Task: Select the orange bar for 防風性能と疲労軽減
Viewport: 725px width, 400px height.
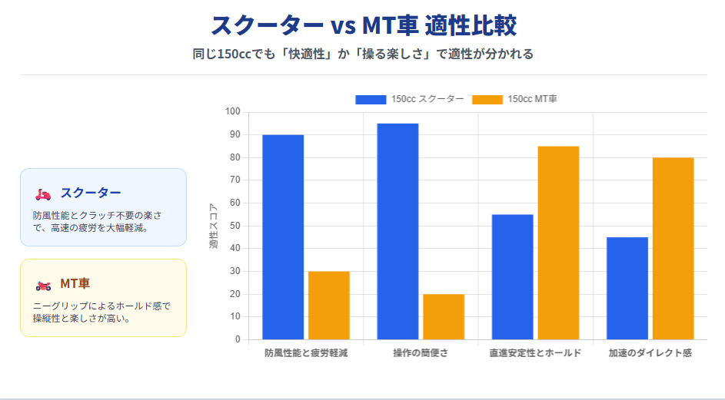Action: (328, 305)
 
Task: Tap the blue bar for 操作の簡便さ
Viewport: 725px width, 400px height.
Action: (397, 231)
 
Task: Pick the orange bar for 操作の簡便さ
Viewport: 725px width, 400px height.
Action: (444, 316)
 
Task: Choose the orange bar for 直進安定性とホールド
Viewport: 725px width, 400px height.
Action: (558, 243)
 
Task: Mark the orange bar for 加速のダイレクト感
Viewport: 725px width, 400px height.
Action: (673, 248)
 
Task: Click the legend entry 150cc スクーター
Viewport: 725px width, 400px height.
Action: (409, 99)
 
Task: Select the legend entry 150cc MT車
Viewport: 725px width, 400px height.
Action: (514, 99)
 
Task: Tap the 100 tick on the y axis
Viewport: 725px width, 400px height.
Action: (233, 112)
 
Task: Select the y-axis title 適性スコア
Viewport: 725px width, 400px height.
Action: (214, 226)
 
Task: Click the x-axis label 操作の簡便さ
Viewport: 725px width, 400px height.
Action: (421, 353)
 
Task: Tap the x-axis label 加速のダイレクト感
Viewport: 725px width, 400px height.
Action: (650, 353)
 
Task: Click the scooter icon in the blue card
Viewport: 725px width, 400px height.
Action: (43, 193)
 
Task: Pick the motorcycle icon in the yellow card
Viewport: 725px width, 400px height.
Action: (43, 285)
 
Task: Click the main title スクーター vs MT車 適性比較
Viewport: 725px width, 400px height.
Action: (363, 25)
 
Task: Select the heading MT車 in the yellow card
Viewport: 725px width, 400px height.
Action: (75, 284)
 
